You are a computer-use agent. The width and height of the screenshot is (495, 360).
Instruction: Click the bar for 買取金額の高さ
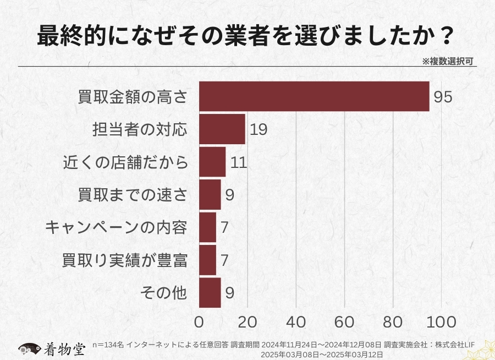pos(313,96)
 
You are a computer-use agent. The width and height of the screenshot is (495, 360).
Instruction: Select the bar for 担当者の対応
pos(222,129)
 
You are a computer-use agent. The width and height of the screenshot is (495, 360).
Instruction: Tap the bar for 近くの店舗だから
pos(212,162)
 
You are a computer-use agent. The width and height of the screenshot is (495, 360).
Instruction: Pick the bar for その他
pos(210,292)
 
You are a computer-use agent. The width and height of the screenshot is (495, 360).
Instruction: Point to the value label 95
pos(443,97)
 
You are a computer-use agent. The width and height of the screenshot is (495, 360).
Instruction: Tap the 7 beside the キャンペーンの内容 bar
pos(224,227)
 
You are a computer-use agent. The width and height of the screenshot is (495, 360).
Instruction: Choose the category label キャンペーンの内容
pos(116,227)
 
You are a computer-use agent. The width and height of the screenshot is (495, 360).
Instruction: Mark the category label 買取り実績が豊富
pos(125,260)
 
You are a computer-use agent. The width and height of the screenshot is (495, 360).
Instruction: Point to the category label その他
pos(164,292)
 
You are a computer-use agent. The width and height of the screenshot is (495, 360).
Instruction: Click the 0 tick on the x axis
pos(199,321)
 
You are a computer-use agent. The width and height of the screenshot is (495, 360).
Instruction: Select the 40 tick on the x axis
pos(296,321)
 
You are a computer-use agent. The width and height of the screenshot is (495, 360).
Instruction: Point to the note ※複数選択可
pos(449,61)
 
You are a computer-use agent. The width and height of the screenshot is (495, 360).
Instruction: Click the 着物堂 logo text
pos(65,348)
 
